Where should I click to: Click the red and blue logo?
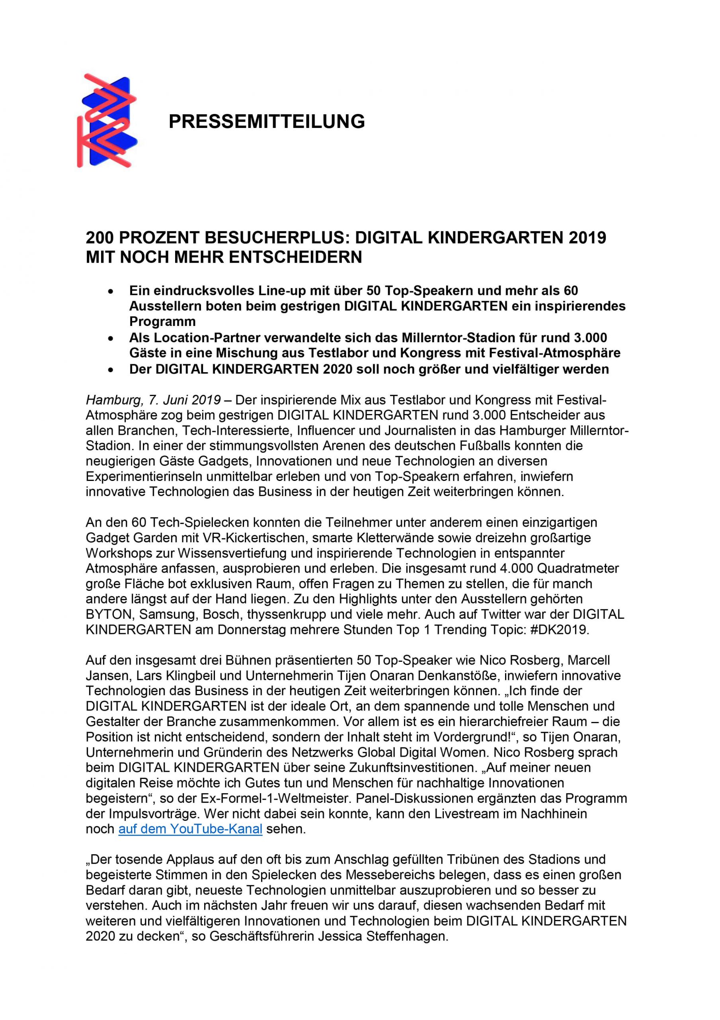pyautogui.click(x=107, y=121)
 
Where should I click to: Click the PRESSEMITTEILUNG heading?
pyautogui.click(x=267, y=121)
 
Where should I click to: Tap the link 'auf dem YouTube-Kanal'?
pyautogui.click(x=190, y=829)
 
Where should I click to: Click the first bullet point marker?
pyautogui.click(x=111, y=291)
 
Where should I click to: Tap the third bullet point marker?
pyautogui.click(x=111, y=370)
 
